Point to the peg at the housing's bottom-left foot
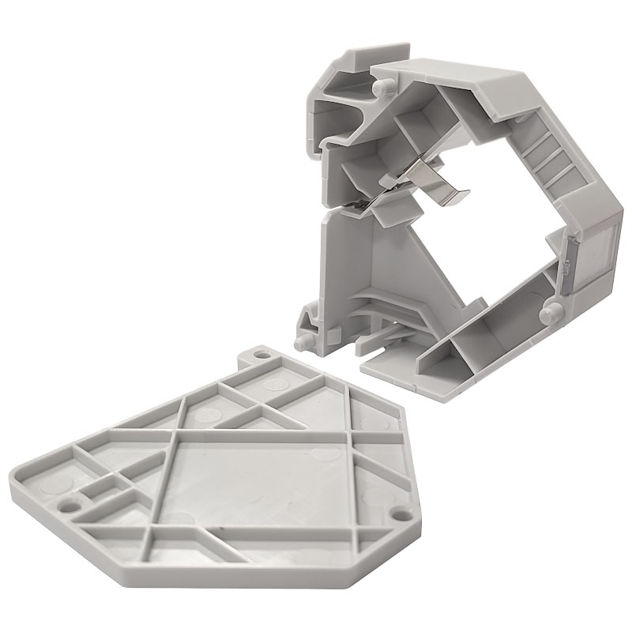pyautogui.click(x=302, y=341)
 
